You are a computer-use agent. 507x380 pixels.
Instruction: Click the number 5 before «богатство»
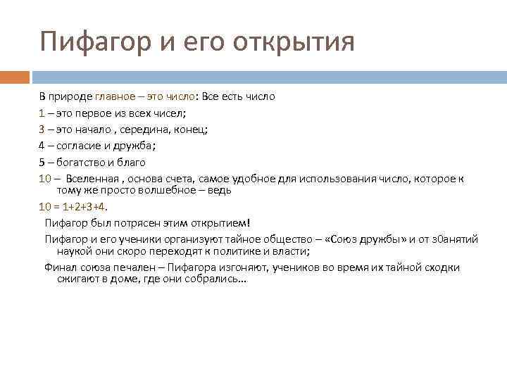coord(42,162)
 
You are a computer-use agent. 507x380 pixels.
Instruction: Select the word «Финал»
coord(59,267)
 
